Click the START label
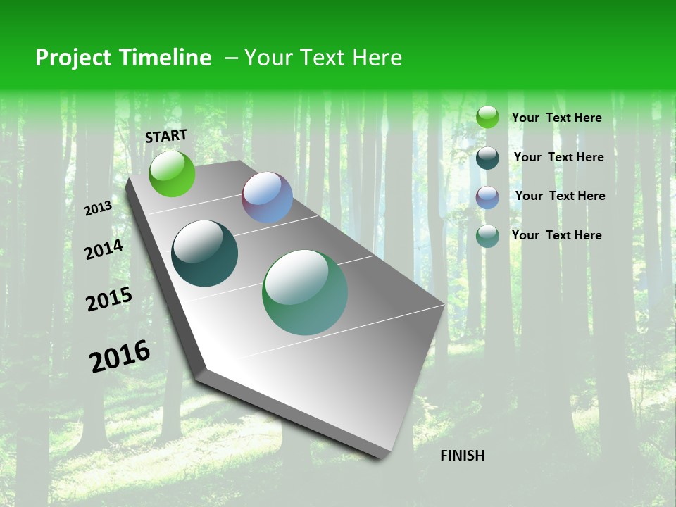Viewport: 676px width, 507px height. click(x=166, y=136)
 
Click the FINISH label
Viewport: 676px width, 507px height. click(x=462, y=456)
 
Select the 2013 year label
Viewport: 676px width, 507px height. click(x=99, y=208)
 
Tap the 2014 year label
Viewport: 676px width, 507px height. click(x=104, y=249)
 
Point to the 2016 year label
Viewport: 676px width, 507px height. click(x=120, y=356)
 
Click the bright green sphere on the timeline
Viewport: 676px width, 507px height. click(x=172, y=173)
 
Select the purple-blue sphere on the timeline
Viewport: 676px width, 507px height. click(x=267, y=197)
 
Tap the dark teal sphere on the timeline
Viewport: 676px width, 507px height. click(x=204, y=254)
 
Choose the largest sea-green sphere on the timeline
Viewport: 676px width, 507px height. click(x=305, y=292)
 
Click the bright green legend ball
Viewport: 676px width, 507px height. click(x=487, y=118)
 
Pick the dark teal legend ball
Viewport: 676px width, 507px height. click(x=487, y=158)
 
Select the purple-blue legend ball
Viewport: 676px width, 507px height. click(x=487, y=197)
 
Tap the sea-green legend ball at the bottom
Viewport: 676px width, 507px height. click(x=487, y=236)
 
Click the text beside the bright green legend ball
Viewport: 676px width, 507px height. click(x=556, y=118)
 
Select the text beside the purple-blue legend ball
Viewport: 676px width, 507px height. click(x=560, y=196)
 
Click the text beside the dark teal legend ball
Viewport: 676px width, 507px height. click(x=558, y=157)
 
